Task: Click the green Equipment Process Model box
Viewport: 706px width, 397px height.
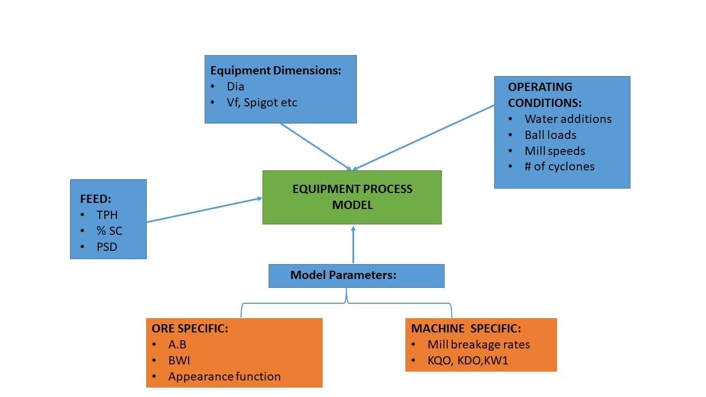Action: [352, 197]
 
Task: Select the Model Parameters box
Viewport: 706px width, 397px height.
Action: [356, 275]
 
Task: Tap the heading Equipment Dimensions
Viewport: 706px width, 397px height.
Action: [276, 71]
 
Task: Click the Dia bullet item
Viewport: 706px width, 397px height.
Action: [236, 87]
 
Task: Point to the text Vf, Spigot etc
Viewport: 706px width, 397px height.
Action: [262, 103]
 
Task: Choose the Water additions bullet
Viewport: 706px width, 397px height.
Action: [568, 119]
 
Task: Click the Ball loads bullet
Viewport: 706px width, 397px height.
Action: [550, 135]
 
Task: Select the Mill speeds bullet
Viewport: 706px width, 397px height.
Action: [554, 151]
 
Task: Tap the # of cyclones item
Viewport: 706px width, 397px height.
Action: [559, 167]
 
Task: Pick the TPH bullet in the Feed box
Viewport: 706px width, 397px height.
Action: [108, 215]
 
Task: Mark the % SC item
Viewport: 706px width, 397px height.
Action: [109, 231]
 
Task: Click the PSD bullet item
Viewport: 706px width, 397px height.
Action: [107, 247]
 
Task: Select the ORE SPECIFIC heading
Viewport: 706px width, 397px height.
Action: [190, 329]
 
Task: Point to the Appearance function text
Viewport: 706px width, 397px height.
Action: [224, 377]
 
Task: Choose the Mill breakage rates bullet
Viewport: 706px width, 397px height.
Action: [478, 345]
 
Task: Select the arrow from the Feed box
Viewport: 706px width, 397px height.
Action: [204, 210]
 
